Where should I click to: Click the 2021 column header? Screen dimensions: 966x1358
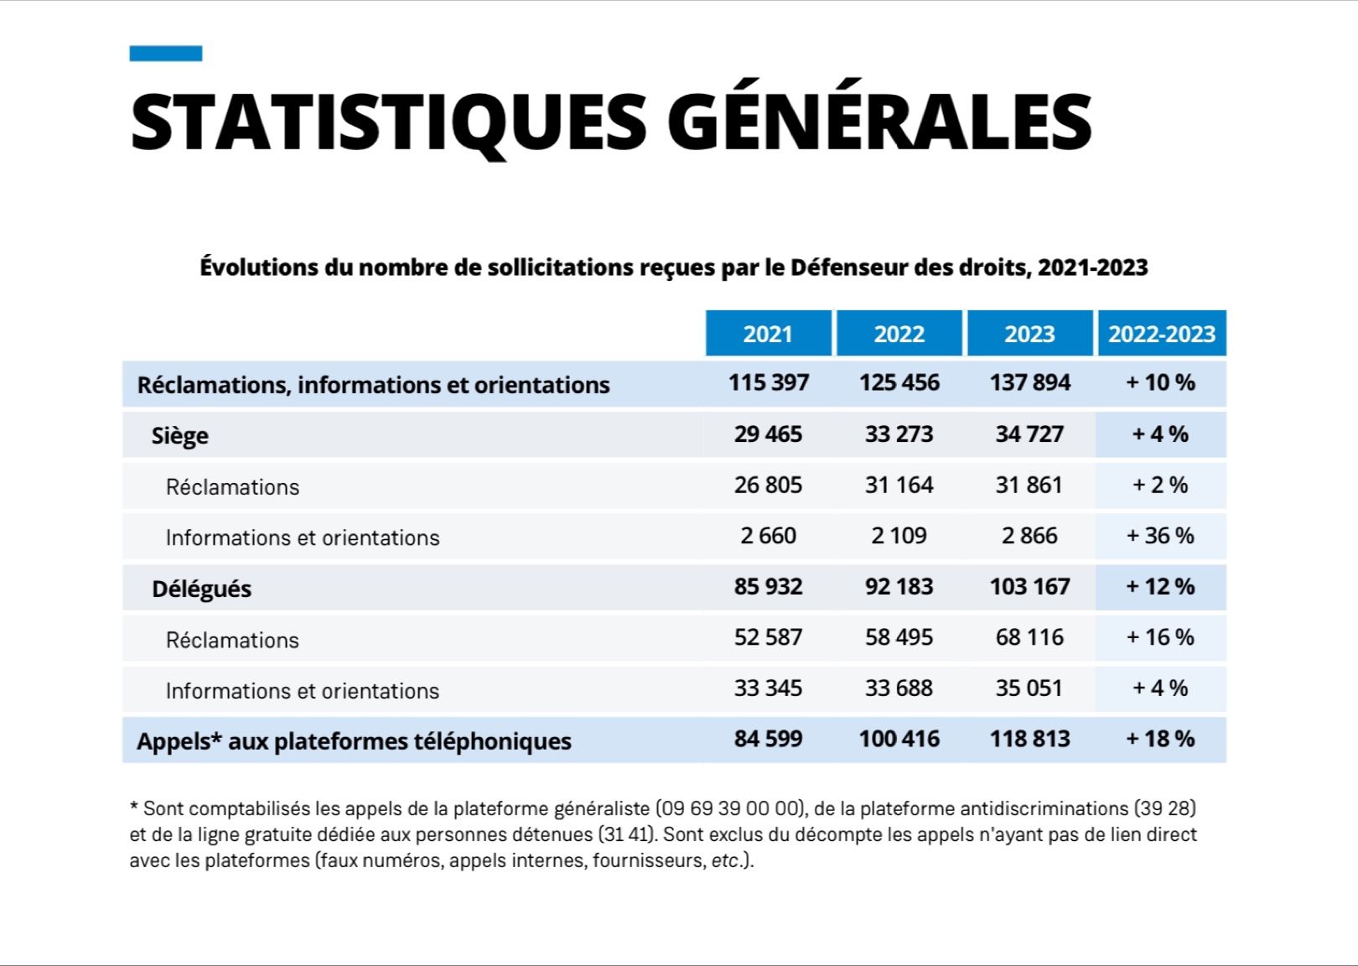pos(768,334)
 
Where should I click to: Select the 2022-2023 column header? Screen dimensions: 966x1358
pos(1162,334)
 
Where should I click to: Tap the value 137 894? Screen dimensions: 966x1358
pos(1029,383)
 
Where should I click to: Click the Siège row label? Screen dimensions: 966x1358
pos(179,436)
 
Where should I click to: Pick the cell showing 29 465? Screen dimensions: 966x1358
pos(768,434)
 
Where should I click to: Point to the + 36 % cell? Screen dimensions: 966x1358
pos(1160,536)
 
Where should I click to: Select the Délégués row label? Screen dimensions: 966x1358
pos(201,589)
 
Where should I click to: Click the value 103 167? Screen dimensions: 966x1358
pos(1029,587)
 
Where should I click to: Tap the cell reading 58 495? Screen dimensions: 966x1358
pos(899,637)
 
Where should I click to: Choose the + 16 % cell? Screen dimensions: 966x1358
pos(1160,637)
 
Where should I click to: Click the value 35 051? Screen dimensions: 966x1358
pos(1029,688)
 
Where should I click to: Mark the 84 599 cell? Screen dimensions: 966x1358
pos(768,739)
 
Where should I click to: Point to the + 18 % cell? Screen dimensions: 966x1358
pos(1160,739)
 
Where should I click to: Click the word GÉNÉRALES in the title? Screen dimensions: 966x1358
pos(880,122)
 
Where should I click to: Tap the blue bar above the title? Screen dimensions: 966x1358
pos(166,54)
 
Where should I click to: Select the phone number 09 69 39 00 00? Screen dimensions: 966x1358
pos(728,809)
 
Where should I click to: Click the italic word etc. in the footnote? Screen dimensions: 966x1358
pos(725,861)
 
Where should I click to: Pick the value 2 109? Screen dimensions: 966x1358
pos(899,536)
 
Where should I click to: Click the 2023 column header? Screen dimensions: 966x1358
pos(1029,334)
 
